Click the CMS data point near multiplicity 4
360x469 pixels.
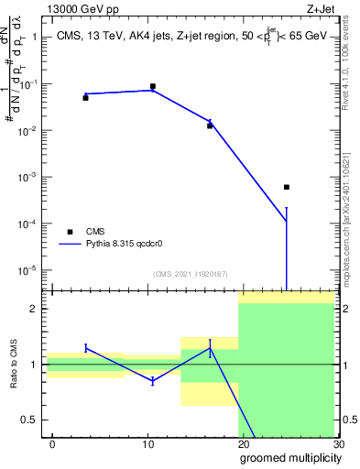point(85,97)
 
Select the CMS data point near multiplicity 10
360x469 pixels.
point(152,86)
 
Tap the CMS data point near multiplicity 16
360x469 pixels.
point(210,125)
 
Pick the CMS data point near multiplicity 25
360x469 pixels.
point(287,187)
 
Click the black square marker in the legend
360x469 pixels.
point(70,231)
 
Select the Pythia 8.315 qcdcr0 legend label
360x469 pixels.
point(120,245)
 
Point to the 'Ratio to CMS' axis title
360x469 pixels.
point(14,365)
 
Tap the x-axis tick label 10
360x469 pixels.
point(148,444)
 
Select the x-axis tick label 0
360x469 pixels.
point(53,444)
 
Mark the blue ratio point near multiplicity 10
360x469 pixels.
point(152,380)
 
